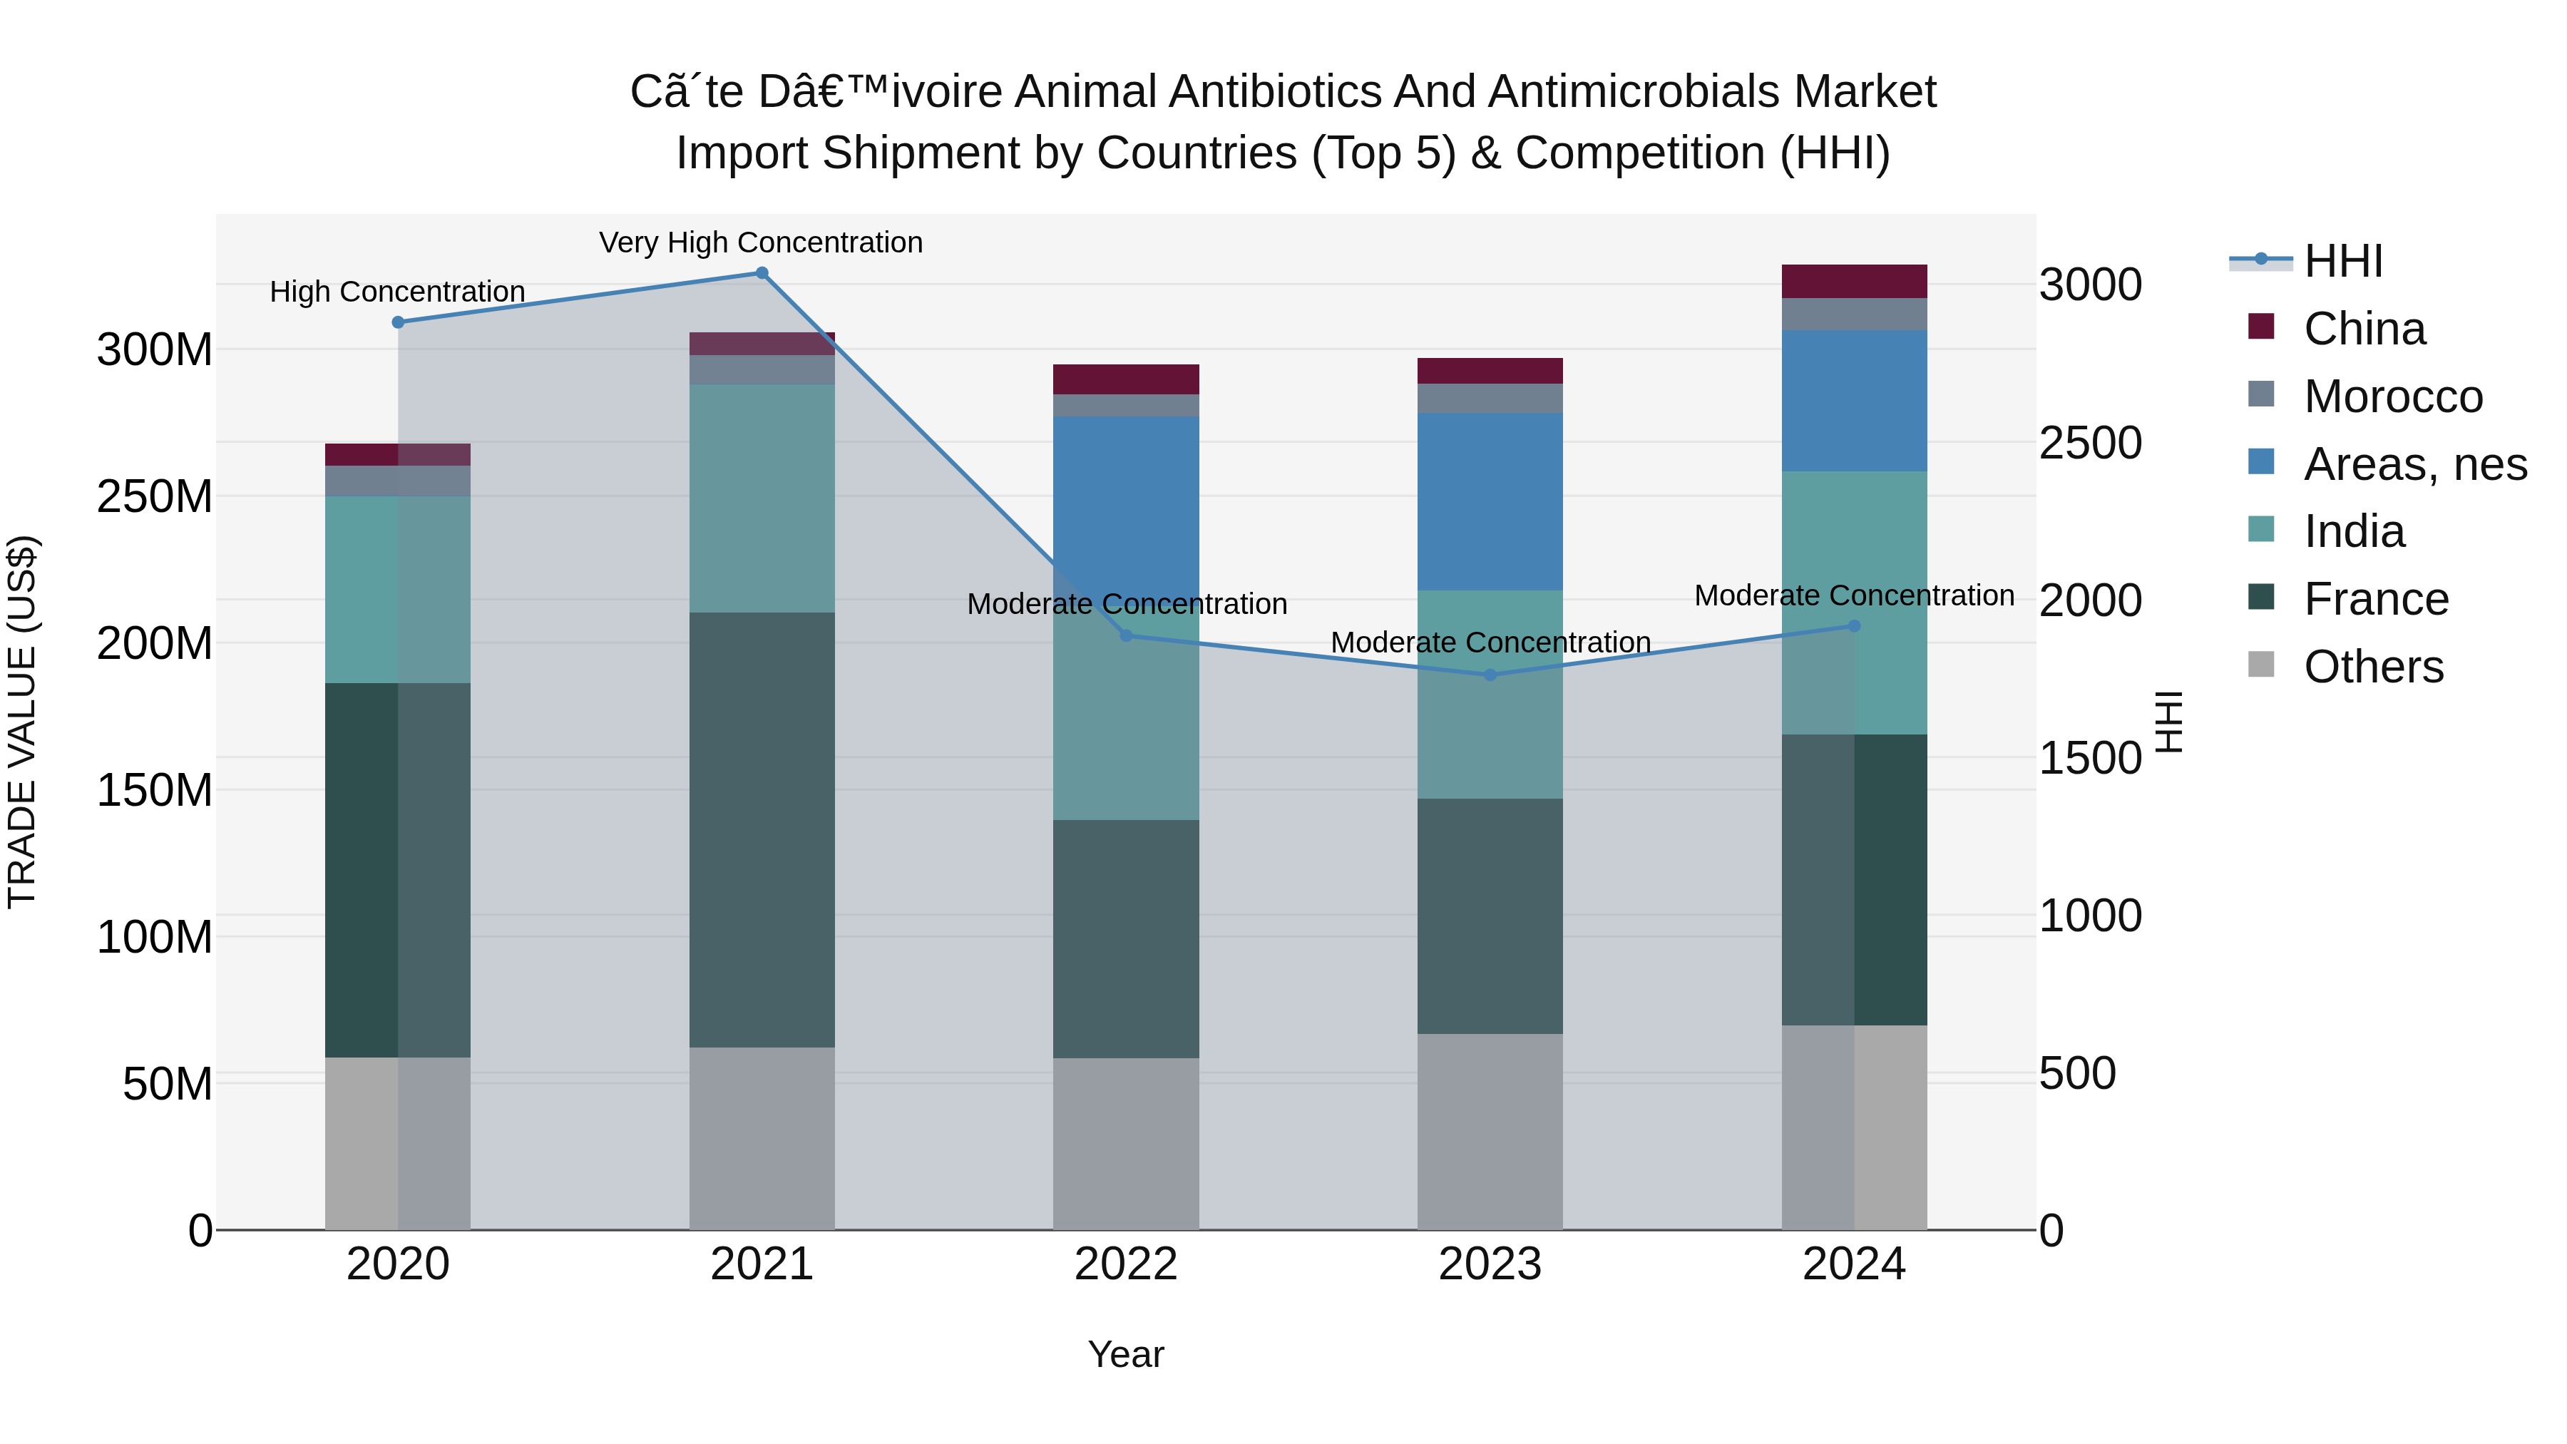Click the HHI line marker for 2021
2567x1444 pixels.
point(762,273)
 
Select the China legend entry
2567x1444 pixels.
point(2364,329)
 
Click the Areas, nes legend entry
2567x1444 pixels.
point(2414,464)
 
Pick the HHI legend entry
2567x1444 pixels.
point(2342,261)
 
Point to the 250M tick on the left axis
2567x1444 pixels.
point(155,496)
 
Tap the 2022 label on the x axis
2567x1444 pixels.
point(1126,1264)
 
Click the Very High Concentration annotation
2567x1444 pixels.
point(762,242)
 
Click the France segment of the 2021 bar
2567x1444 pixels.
point(762,829)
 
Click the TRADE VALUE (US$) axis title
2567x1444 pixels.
point(22,722)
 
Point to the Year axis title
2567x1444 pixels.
point(1126,1354)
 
